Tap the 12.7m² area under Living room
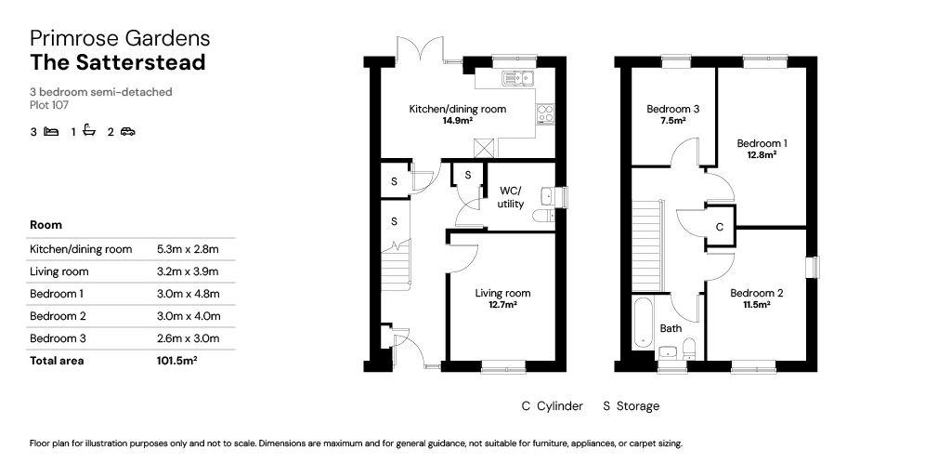[x=502, y=305]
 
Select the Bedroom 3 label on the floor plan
[x=672, y=110]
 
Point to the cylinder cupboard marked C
[x=720, y=227]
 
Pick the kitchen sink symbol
[x=517, y=78]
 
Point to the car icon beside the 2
[x=127, y=131]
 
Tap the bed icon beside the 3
[x=52, y=131]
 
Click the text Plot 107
[x=49, y=105]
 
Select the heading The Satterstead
[x=118, y=62]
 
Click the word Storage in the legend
[x=637, y=406]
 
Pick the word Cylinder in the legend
[x=560, y=405]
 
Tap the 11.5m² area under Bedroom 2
[x=756, y=305]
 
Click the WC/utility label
[x=511, y=198]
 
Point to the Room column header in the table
[x=46, y=225]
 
